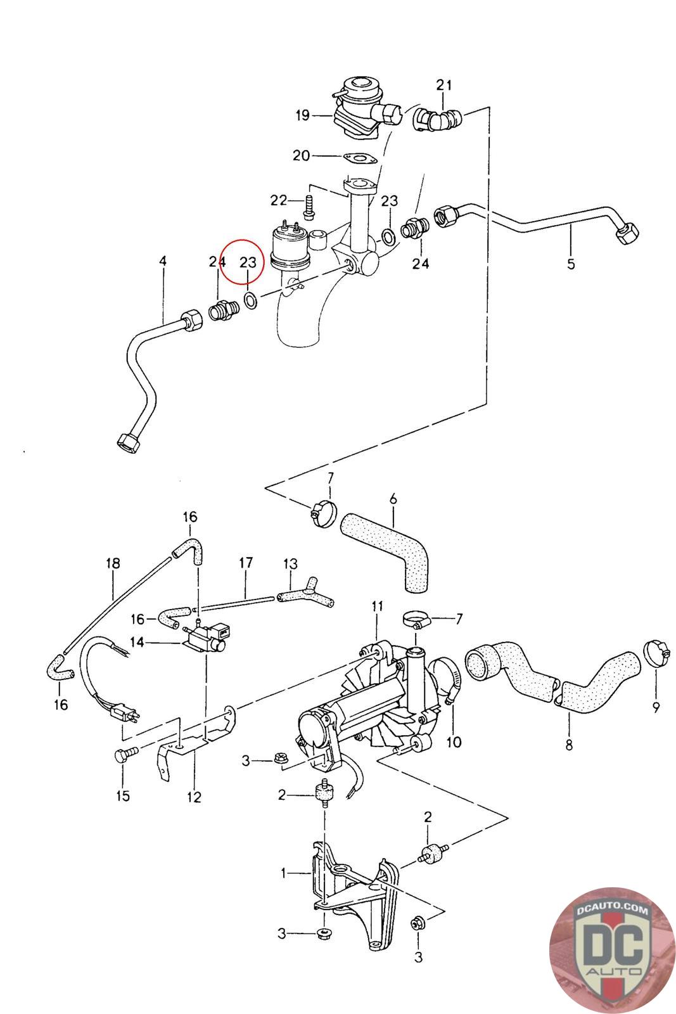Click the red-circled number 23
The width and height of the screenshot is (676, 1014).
click(247, 262)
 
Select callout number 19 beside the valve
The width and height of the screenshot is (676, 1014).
click(302, 115)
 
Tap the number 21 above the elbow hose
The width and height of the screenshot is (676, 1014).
click(443, 85)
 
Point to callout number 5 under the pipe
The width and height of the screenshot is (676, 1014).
click(571, 264)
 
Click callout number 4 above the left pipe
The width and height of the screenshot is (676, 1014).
click(163, 260)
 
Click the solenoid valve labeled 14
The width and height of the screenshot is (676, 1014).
click(206, 638)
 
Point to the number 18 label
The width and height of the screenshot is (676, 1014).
click(113, 563)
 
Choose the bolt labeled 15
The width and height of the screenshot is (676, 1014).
click(123, 755)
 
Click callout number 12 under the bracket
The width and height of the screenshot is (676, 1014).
click(194, 797)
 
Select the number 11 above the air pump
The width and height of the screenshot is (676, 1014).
click(378, 606)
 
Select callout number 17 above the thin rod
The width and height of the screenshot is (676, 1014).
click(246, 562)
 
